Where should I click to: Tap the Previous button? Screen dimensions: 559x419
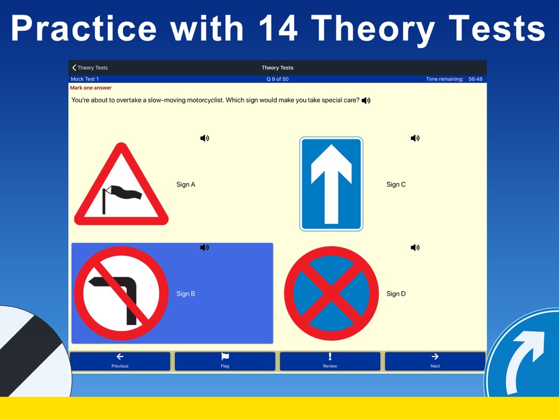120,361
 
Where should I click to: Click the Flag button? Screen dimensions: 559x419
225,361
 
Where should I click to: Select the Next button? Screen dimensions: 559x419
435,361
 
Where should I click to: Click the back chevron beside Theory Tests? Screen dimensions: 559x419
74,68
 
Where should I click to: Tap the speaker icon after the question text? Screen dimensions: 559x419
366,101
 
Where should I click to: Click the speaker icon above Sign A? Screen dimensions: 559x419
205,138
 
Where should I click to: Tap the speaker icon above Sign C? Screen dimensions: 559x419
415,138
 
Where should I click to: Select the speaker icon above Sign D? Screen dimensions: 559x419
415,247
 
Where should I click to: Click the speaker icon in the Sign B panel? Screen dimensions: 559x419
205,247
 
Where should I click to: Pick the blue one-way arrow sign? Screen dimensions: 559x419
331,184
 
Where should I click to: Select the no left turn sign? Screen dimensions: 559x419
121,293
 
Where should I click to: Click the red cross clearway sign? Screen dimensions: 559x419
331,293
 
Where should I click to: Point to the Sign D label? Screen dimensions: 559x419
396,294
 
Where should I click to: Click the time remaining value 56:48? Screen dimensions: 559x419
475,79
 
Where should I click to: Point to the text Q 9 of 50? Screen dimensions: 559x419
277,79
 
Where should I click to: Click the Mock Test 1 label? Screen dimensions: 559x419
85,79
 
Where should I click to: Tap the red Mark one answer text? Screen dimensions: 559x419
91,88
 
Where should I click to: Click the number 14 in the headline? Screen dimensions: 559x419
278,28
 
